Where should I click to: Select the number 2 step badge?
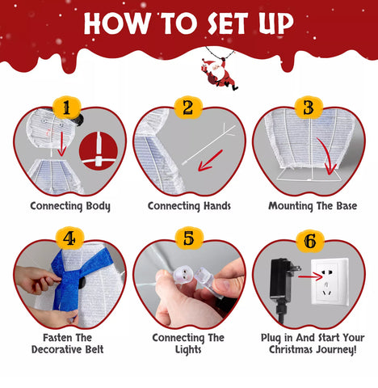coord(188,107)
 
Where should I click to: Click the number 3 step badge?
coord(308,107)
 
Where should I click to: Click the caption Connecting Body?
coord(70,206)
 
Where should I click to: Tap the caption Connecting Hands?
coord(189,206)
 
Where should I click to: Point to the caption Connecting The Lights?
coord(189,344)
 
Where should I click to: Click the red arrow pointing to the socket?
coord(310,276)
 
